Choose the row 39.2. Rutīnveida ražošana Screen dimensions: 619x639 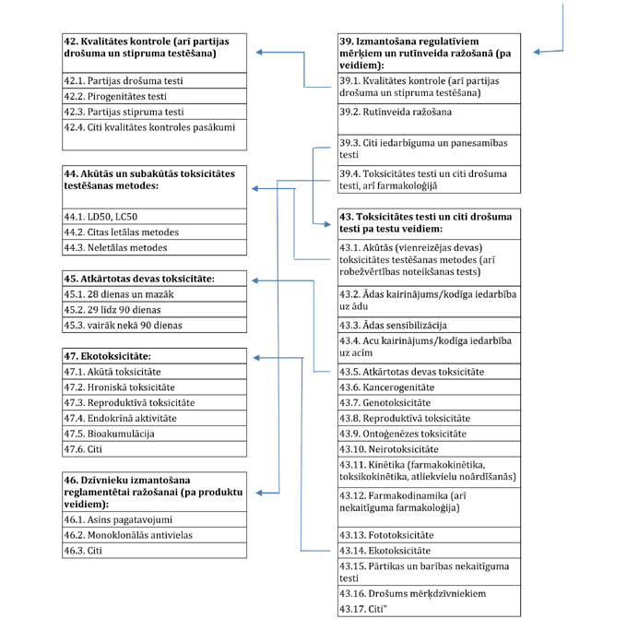tap(428, 113)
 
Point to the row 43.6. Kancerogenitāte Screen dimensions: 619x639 tap(428, 387)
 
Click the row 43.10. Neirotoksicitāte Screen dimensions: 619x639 tap(428, 449)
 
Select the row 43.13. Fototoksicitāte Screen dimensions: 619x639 tap(428, 535)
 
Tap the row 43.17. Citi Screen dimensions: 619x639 tap(428, 609)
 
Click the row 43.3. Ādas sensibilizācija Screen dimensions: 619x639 tap(428, 326)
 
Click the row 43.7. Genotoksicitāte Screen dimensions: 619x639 tap(428, 403)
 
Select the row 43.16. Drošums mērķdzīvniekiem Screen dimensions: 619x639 tap(428, 593)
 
